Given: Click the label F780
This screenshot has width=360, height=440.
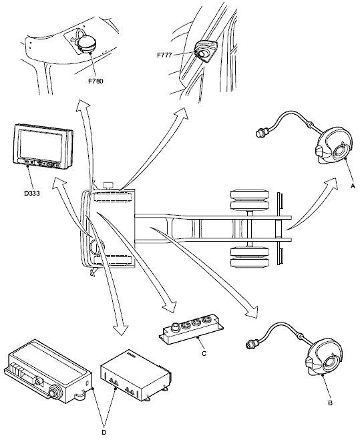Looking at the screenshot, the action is click(x=96, y=81).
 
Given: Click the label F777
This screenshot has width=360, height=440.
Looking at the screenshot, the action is click(x=164, y=55).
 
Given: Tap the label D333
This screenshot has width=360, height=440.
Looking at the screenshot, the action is click(x=32, y=194).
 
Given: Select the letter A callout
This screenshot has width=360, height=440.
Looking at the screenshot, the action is click(x=353, y=186).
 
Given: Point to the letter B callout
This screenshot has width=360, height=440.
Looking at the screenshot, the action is click(x=330, y=403).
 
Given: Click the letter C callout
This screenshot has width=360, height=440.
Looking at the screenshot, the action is click(x=204, y=353).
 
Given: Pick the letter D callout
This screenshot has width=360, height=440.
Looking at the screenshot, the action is click(x=104, y=433).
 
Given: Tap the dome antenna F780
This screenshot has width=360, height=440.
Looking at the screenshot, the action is click(x=87, y=44).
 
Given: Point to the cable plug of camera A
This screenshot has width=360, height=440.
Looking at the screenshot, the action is click(x=262, y=132).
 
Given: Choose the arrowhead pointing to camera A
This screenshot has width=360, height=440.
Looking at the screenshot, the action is click(x=331, y=184).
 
